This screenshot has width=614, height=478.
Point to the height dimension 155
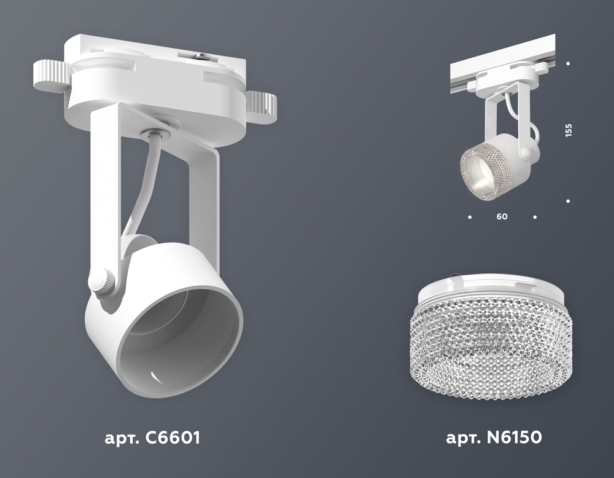point(569,130)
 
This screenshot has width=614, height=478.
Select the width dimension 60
point(502,216)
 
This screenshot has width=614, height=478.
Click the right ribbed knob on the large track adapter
point(262,107)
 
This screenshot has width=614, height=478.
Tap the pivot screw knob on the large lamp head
point(101,283)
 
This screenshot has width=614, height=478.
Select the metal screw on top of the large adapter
point(201,58)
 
